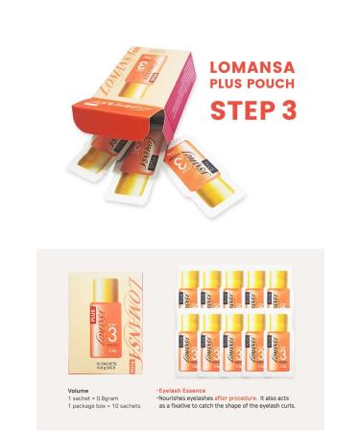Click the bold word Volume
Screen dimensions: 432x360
coord(80,391)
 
